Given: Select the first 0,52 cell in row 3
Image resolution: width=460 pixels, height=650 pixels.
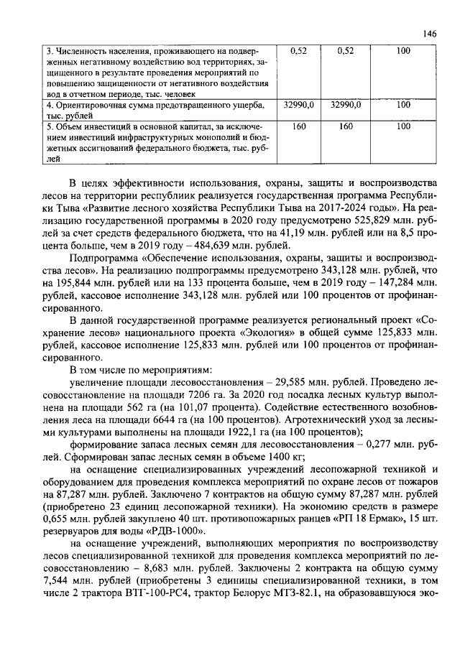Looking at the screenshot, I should [298, 51].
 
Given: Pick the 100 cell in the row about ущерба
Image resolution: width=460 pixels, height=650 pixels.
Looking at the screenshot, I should [402, 105].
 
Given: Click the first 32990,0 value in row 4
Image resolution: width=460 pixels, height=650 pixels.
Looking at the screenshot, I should [298, 105].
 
